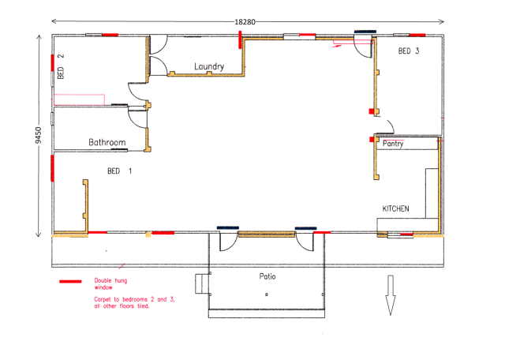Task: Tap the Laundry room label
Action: [209, 66]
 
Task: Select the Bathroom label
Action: [107, 143]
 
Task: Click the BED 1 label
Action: [120, 171]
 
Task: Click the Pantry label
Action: [393, 144]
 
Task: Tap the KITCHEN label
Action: [395, 208]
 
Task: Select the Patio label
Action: [267, 276]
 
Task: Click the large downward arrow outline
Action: [390, 295]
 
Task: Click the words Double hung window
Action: [110, 284]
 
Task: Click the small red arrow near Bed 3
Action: [339, 46]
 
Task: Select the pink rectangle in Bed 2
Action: [79, 100]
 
